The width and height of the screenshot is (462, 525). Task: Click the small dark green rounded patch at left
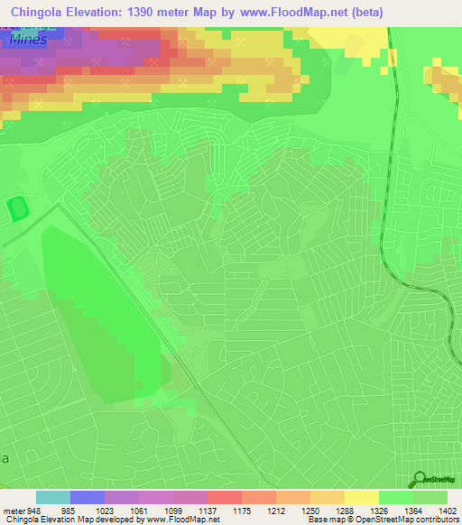point(17,210)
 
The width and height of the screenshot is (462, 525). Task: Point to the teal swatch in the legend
point(53,498)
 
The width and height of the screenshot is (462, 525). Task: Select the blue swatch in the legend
point(88,498)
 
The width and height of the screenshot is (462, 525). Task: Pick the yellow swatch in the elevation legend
point(362,498)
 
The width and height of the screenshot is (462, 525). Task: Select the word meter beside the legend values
point(13,510)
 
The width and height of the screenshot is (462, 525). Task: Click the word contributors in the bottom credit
point(438,520)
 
